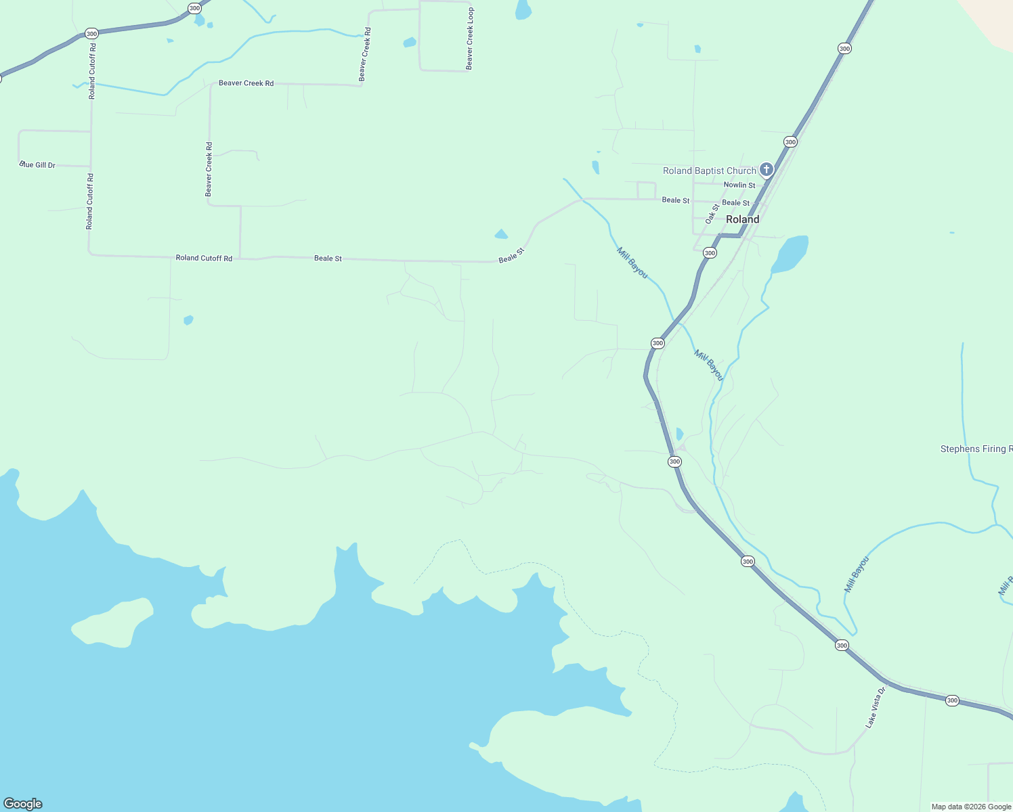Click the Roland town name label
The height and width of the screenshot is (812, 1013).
tap(742, 219)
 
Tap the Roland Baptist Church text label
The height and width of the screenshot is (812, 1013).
tap(709, 171)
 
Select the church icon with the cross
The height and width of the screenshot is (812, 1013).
tap(766, 169)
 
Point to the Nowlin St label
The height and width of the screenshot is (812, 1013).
tap(739, 185)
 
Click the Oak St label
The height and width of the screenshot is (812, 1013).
tap(712, 214)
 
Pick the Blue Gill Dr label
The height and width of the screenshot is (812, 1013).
tap(38, 165)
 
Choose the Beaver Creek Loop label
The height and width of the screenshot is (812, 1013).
tap(470, 39)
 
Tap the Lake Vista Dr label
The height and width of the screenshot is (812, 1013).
tap(875, 708)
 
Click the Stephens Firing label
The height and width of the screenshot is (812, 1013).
tap(976, 449)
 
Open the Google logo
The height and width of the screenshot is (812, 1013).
tap(23, 804)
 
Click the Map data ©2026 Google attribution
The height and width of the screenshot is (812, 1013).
tap(971, 807)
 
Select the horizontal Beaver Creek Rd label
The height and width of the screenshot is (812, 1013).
tap(246, 83)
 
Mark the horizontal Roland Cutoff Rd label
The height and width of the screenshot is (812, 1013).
tap(204, 258)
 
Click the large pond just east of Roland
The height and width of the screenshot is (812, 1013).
tap(791, 254)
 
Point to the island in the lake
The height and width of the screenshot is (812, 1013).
tap(112, 623)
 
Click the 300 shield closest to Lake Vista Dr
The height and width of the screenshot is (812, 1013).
tap(842, 645)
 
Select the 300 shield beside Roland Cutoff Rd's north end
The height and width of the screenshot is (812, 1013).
tap(91, 33)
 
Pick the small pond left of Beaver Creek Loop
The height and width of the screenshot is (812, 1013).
tap(409, 43)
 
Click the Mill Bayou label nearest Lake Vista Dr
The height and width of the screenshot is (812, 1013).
tap(856, 574)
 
